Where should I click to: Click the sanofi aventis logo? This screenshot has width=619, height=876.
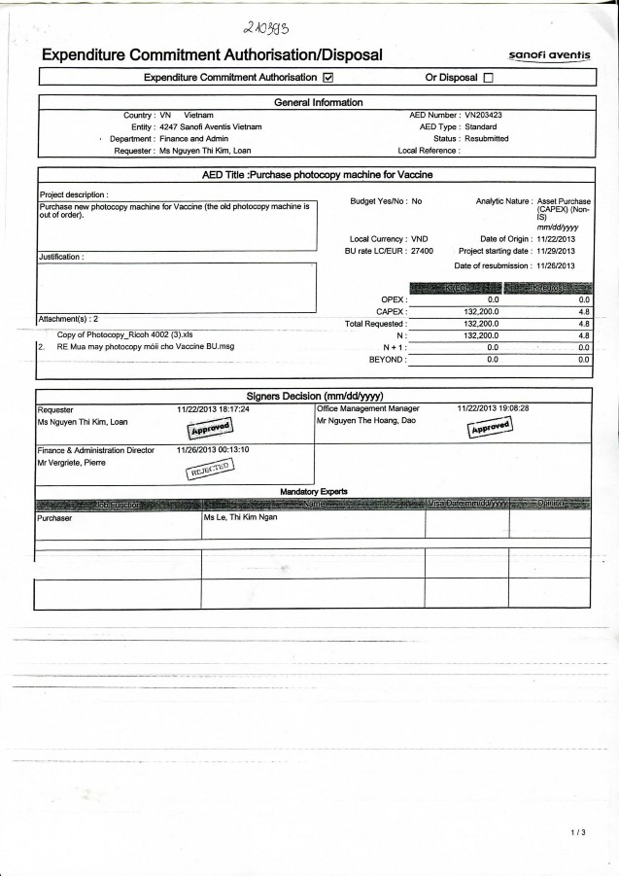[548, 55]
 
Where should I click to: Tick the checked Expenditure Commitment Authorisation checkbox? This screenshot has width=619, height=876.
[327, 77]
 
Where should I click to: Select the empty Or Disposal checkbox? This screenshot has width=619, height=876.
[488, 77]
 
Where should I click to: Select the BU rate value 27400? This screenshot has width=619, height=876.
[423, 251]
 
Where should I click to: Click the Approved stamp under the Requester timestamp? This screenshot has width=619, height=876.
[208, 428]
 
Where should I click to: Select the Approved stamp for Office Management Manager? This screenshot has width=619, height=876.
[489, 429]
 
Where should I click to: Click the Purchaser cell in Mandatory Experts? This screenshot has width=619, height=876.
[55, 518]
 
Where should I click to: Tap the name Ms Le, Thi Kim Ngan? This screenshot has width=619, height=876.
[241, 518]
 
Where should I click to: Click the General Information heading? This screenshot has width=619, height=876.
[318, 102]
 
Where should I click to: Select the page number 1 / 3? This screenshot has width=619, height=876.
[578, 833]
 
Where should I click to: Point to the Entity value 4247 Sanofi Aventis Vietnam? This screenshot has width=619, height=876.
[211, 126]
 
